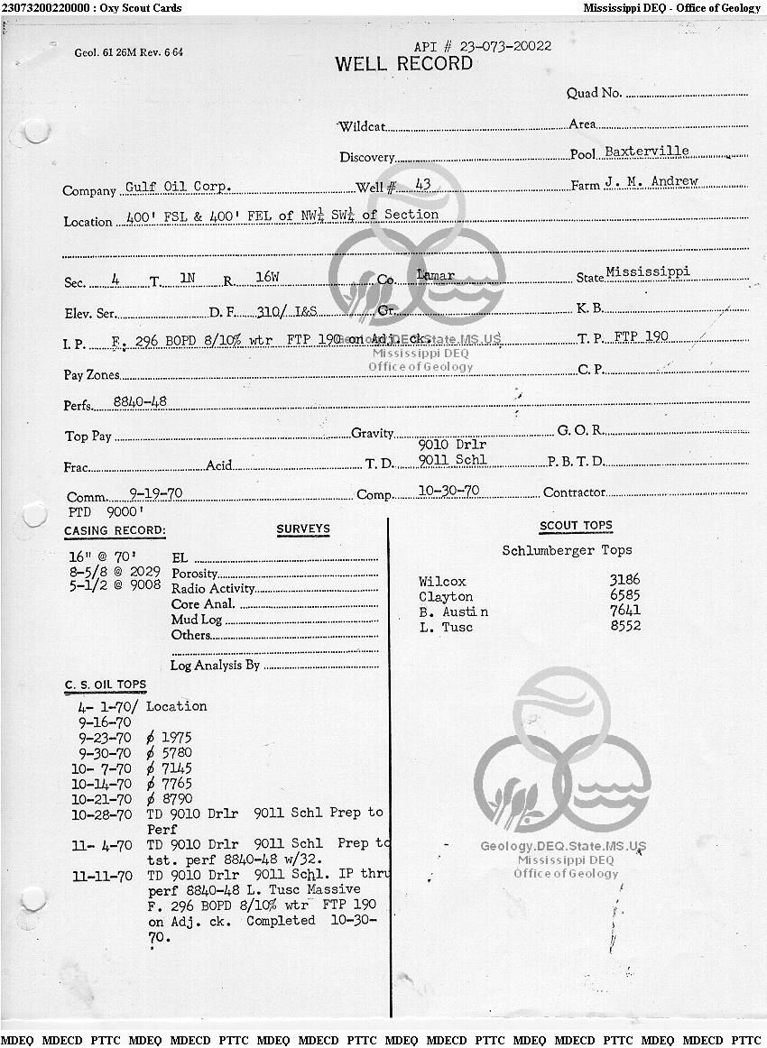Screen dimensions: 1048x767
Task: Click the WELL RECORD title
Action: [x=403, y=64]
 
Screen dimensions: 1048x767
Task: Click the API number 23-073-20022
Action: [x=483, y=46]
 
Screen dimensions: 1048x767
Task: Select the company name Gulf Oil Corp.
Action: [x=178, y=187]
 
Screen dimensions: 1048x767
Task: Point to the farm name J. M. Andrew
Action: [x=651, y=182]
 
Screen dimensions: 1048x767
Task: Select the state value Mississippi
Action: [x=647, y=271]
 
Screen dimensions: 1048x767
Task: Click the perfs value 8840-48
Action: [x=139, y=401]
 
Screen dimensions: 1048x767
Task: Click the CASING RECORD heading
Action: [x=115, y=531]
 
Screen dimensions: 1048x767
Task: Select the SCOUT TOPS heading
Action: [x=576, y=526]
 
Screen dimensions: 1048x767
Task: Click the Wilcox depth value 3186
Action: [x=624, y=581]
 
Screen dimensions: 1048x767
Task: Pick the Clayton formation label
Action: [x=446, y=597]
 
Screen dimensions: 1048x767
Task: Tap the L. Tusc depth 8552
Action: [x=624, y=627]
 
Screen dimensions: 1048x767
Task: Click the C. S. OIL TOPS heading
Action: [x=105, y=685]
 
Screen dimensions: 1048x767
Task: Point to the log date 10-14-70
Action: [x=105, y=784]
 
